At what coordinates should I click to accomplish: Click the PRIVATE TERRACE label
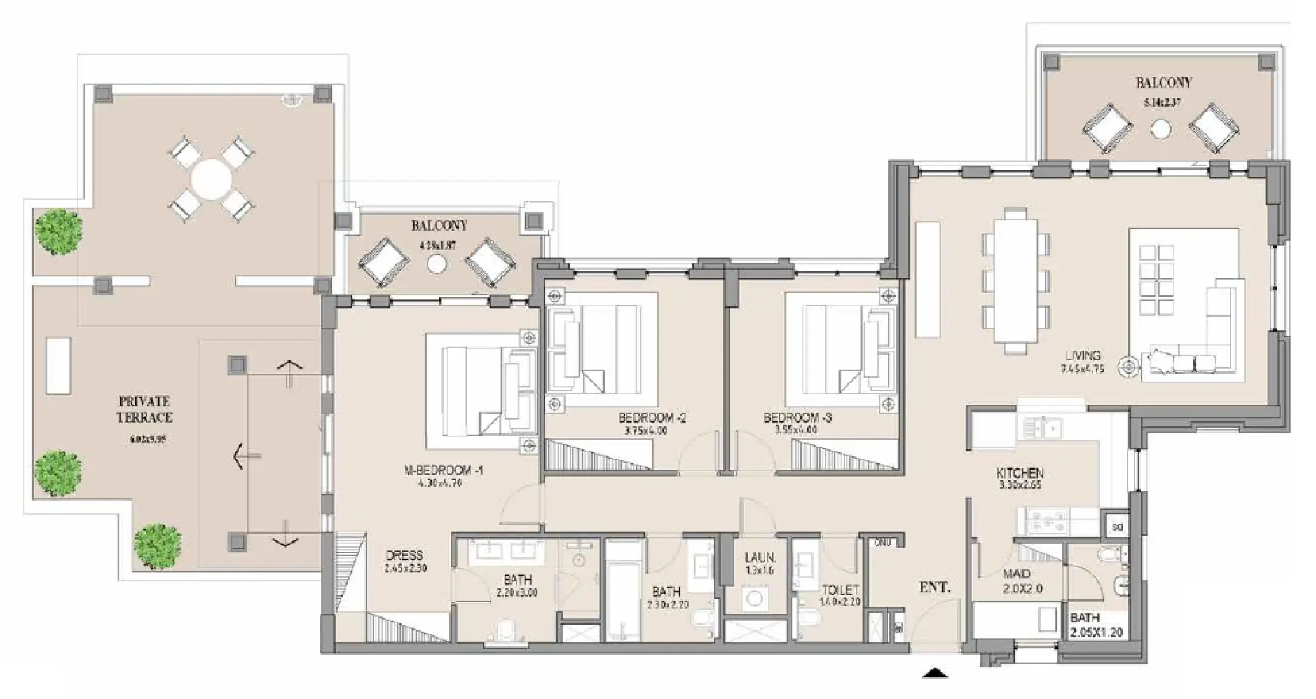tap(144, 409)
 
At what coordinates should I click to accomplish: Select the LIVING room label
tap(1084, 355)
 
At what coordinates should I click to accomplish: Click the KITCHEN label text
tap(1020, 473)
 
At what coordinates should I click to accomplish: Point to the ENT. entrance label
tap(935, 588)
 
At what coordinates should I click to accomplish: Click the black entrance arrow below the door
tap(935, 672)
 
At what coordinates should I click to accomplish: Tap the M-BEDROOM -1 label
tap(444, 471)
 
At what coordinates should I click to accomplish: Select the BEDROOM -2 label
tap(652, 418)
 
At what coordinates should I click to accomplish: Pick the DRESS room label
tap(404, 555)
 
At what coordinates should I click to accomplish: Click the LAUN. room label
tap(760, 558)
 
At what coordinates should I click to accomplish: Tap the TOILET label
tap(840, 590)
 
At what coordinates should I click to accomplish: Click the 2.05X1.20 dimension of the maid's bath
tap(1097, 632)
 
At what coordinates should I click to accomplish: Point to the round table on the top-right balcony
tap(1161, 130)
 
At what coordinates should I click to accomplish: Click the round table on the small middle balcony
tap(436, 264)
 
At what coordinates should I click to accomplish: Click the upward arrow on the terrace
tap(290, 372)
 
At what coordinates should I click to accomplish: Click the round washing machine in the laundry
tap(755, 598)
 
